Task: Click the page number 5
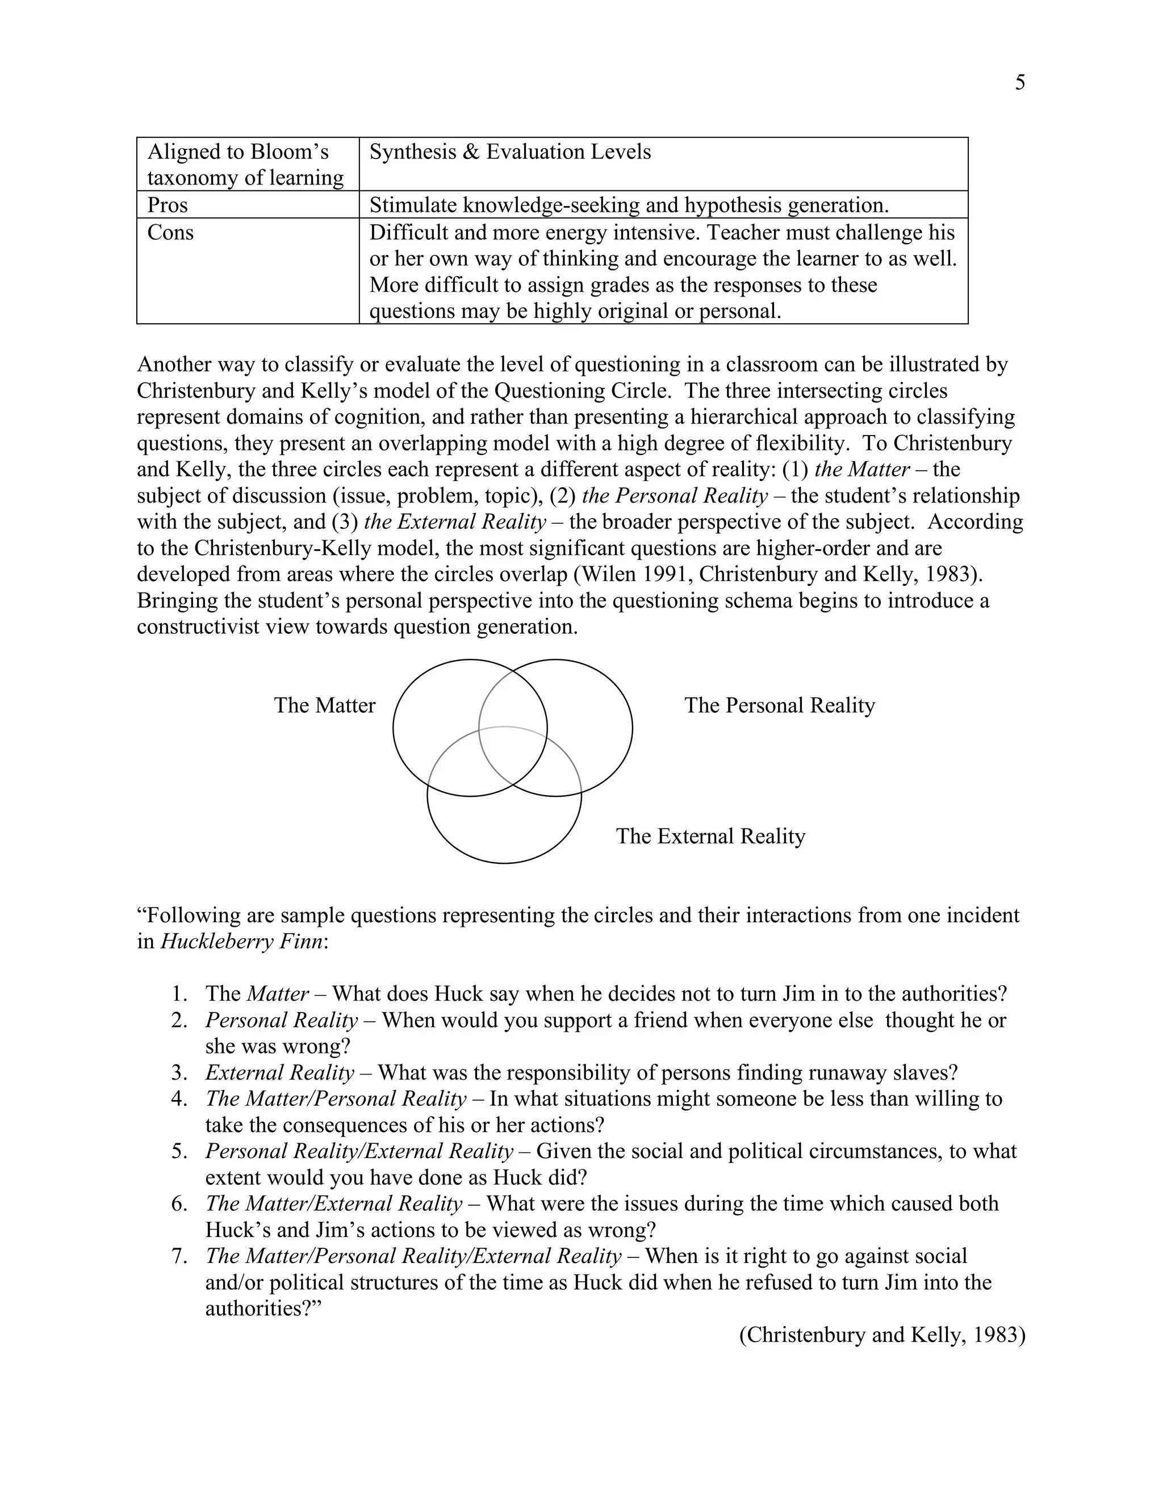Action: click(x=1020, y=83)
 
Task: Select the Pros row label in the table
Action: click(x=168, y=206)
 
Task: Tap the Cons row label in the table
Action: click(x=170, y=232)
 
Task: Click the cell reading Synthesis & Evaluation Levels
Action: click(x=510, y=152)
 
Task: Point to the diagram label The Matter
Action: click(x=324, y=705)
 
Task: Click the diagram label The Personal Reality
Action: click(x=779, y=705)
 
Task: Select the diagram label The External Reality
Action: click(x=710, y=837)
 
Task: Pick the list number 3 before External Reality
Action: click(x=179, y=1073)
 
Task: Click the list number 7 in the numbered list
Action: click(x=179, y=1256)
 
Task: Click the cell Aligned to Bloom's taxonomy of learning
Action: click(x=245, y=165)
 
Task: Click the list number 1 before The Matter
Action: click(x=179, y=994)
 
